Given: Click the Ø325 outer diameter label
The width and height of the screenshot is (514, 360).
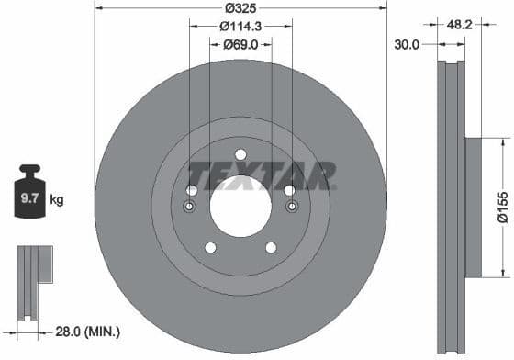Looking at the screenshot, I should click(x=240, y=8).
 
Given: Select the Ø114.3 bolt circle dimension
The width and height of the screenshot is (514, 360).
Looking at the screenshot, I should click(x=241, y=27).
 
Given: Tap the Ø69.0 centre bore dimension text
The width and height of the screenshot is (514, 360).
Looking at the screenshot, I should click(x=240, y=44).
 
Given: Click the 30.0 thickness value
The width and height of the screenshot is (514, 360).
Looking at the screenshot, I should click(x=408, y=44).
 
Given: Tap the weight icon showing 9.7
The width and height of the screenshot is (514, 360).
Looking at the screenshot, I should click(x=30, y=193).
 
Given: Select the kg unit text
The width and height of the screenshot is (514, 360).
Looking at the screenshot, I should click(x=57, y=198).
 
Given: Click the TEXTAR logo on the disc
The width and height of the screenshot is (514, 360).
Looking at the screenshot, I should click(x=262, y=175).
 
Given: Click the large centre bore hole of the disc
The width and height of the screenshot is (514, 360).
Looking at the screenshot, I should click(x=240, y=205).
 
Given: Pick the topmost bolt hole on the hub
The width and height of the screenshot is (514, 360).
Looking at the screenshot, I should click(x=240, y=153).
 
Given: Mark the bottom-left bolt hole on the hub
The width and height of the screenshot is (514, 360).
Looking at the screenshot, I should click(x=210, y=247).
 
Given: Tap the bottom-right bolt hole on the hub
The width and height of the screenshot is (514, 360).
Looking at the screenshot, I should click(x=271, y=247).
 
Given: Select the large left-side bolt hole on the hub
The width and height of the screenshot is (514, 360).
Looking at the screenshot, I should click(x=192, y=190).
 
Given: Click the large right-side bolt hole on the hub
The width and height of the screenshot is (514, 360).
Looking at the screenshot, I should click(x=289, y=190).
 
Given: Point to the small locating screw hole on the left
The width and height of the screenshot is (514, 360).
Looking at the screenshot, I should click(x=189, y=206).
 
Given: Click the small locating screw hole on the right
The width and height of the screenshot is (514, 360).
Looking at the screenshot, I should click(x=292, y=206).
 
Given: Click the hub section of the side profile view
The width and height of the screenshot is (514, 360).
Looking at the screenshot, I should click(x=474, y=206).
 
